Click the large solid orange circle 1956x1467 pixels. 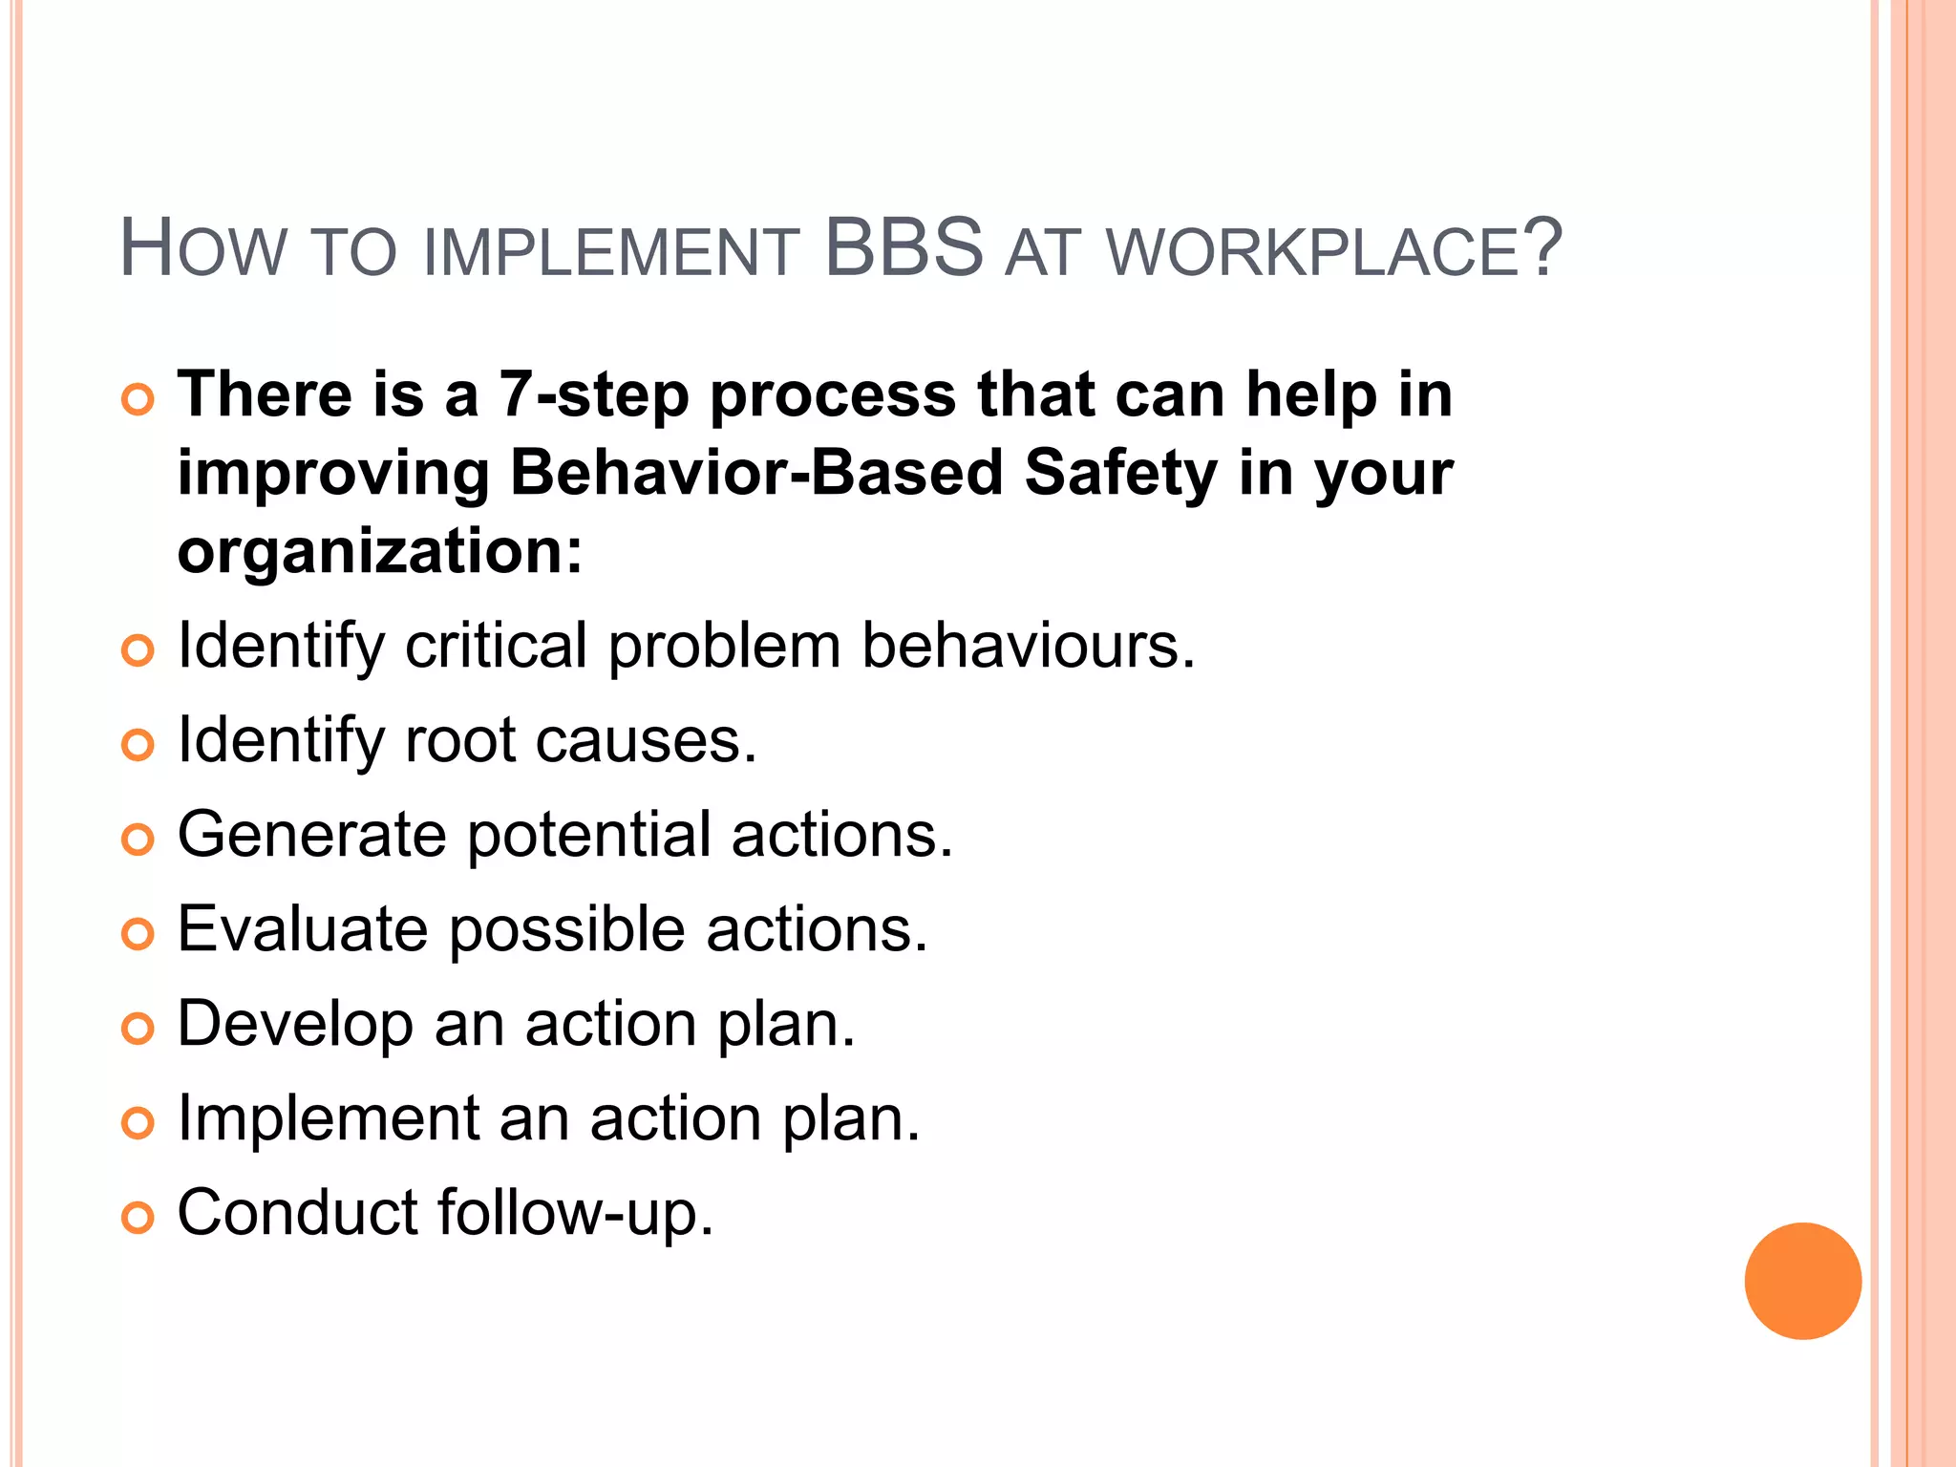tap(1802, 1281)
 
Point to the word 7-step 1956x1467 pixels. tap(593, 395)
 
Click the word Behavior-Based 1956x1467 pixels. tap(756, 474)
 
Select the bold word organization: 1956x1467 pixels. tap(380, 552)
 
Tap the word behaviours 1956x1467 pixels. tap(1029, 647)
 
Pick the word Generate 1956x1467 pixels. tap(311, 835)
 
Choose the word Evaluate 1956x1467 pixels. tap(303, 929)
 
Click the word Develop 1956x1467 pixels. tap(295, 1025)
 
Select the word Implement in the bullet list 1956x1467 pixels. tap(329, 1118)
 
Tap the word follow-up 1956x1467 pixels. tap(575, 1213)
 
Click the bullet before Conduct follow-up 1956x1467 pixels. tap(138, 1218)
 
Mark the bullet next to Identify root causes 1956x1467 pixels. tap(138, 745)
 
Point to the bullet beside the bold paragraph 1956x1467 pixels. tap(138, 400)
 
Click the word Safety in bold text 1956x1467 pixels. tap(1120, 474)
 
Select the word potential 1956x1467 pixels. tap(588, 836)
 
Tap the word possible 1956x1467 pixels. tap(566, 930)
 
